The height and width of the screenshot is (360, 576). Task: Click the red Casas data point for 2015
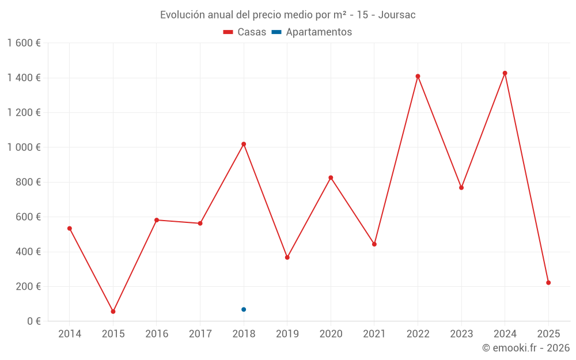pyautogui.click(x=113, y=312)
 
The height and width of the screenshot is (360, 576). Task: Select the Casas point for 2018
pyautogui.click(x=244, y=144)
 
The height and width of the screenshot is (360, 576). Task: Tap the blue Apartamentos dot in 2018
pyautogui.click(x=244, y=309)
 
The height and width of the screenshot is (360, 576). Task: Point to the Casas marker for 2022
pyautogui.click(x=418, y=76)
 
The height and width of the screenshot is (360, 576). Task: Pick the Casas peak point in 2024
pyautogui.click(x=505, y=73)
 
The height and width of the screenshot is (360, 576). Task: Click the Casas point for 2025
pyautogui.click(x=548, y=283)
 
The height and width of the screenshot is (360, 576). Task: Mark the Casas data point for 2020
pyautogui.click(x=331, y=177)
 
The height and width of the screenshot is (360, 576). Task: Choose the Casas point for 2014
pyautogui.click(x=70, y=229)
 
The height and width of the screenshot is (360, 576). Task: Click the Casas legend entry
pyautogui.click(x=245, y=32)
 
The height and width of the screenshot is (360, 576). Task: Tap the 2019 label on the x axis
pyautogui.click(x=287, y=334)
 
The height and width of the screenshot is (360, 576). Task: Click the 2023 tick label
pyautogui.click(x=461, y=334)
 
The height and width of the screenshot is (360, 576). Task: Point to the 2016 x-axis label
pyautogui.click(x=157, y=334)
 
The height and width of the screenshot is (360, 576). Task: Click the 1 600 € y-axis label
pyautogui.click(x=24, y=43)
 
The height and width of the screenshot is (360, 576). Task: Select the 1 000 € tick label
pyautogui.click(x=24, y=147)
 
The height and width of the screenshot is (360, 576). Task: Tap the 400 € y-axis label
pyautogui.click(x=27, y=252)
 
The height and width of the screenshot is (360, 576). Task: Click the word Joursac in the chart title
pyautogui.click(x=397, y=15)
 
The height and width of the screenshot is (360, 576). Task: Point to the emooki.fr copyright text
pyautogui.click(x=526, y=348)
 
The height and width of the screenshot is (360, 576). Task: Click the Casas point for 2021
pyautogui.click(x=374, y=244)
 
